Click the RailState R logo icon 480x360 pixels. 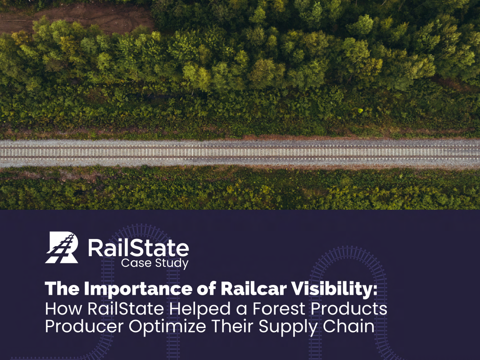click(x=62, y=247)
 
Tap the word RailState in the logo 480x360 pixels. click(x=138, y=248)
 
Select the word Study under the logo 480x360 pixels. click(x=172, y=263)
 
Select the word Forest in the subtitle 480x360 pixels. click(x=279, y=309)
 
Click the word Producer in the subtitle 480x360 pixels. click(x=84, y=326)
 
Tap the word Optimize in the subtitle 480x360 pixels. click(x=167, y=327)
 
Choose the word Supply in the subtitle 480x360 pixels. click(x=288, y=327)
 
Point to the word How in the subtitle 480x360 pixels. click(x=63, y=309)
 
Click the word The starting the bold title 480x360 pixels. click(x=62, y=288)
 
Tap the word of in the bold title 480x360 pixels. click(x=207, y=289)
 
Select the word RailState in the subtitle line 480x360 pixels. click(x=126, y=309)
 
